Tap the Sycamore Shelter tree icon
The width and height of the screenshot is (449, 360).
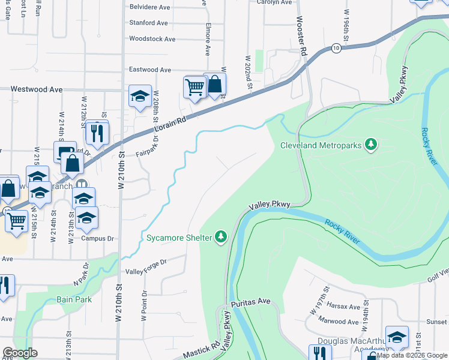[x=221, y=238]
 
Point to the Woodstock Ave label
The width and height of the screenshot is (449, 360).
[x=152, y=39]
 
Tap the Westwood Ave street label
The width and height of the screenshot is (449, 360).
[x=37, y=89]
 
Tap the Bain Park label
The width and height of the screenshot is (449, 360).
[x=73, y=299]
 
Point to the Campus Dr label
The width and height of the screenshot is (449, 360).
[x=97, y=238]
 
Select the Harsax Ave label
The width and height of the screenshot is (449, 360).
[x=344, y=307]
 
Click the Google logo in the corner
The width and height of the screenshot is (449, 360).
[x=20, y=353]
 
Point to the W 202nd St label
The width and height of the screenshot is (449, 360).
[x=247, y=71]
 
